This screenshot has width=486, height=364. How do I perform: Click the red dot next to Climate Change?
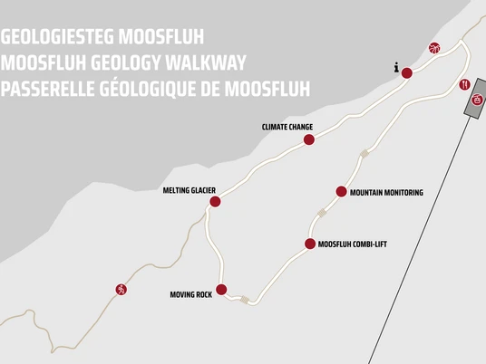click(x=309, y=139)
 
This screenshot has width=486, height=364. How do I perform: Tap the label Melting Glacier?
click(x=189, y=190)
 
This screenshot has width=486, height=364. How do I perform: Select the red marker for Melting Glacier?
click(x=215, y=202)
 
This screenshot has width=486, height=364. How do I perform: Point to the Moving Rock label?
click(x=190, y=294)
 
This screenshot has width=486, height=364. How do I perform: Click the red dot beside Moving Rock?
click(x=221, y=290)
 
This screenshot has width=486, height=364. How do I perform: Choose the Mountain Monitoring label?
click(x=386, y=192)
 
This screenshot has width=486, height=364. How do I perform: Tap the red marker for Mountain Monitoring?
click(x=341, y=191)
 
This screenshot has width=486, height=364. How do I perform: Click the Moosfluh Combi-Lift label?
click(x=353, y=244)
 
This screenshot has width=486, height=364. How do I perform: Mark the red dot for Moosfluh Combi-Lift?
click(x=310, y=244)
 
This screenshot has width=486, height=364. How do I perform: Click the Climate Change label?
click(x=287, y=128)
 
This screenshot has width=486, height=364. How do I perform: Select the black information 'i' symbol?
click(x=396, y=67)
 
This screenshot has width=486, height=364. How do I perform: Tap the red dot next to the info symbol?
click(x=407, y=73)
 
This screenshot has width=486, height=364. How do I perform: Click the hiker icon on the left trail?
click(x=121, y=289)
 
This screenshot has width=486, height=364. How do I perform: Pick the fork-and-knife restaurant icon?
click(x=464, y=83)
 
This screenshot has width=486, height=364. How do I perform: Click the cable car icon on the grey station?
click(x=475, y=101)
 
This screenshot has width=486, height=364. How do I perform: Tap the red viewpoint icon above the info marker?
click(x=433, y=49)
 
